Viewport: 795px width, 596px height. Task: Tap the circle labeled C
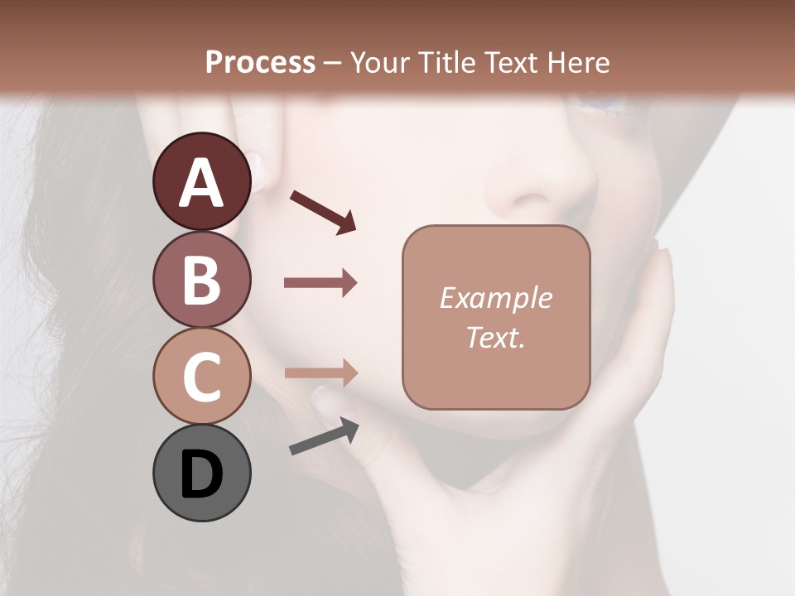click(x=202, y=376)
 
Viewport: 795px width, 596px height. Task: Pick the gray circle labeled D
click(x=202, y=473)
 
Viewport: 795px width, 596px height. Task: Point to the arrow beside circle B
click(x=320, y=283)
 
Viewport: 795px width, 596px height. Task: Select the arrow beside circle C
click(x=320, y=373)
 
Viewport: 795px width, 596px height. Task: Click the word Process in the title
click(x=260, y=62)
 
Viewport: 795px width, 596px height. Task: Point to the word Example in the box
click(x=495, y=298)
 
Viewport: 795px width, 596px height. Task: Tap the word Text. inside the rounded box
click(x=495, y=338)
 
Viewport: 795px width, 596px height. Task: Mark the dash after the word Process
click(x=333, y=63)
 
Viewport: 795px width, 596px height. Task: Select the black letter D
click(x=202, y=474)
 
